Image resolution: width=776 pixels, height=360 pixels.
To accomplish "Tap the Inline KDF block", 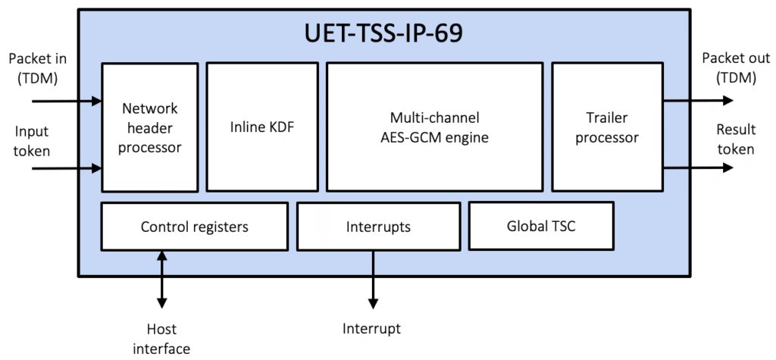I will (261, 127).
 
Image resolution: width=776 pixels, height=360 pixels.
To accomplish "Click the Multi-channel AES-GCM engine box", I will (434, 127).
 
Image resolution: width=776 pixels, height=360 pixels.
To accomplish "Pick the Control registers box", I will (194, 226).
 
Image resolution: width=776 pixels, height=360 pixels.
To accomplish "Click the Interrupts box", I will (377, 226).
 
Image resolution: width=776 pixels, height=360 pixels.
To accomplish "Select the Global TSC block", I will (540, 225).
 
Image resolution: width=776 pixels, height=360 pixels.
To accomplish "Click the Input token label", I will (32, 141).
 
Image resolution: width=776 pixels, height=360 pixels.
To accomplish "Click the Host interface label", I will (161, 338).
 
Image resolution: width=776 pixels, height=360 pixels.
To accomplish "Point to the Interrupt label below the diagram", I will (371, 329).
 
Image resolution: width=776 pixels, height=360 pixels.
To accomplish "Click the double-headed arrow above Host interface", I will (161, 280).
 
